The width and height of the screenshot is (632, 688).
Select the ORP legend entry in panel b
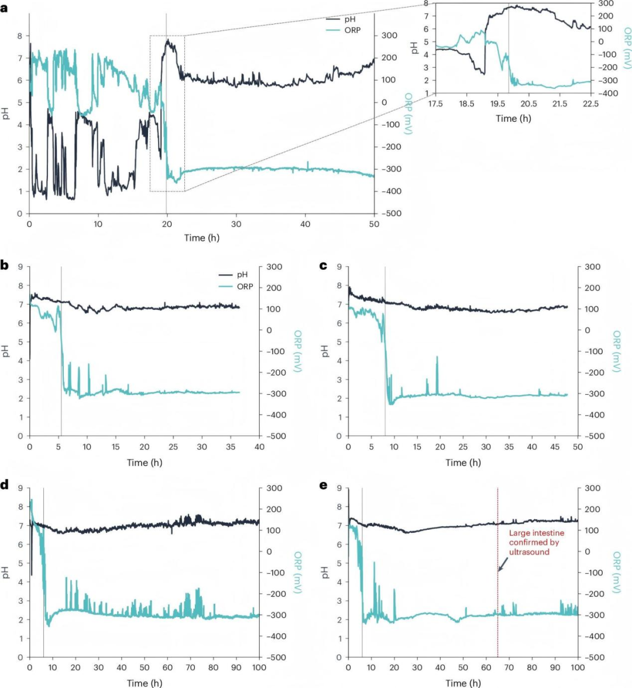click(x=245, y=286)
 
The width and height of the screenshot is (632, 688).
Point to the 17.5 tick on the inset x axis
click(x=435, y=104)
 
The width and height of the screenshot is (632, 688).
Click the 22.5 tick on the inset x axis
click(x=590, y=104)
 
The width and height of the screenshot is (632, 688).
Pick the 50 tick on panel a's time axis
click(x=373, y=224)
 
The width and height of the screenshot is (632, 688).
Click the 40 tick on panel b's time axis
click(x=259, y=447)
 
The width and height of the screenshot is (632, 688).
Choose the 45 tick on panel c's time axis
click(x=555, y=447)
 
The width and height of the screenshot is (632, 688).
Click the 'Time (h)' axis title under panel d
click(x=144, y=683)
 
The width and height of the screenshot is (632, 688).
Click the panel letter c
click(x=323, y=266)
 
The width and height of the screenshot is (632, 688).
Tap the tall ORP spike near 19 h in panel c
click(x=437, y=357)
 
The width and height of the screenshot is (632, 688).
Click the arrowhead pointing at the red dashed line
click(x=499, y=570)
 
